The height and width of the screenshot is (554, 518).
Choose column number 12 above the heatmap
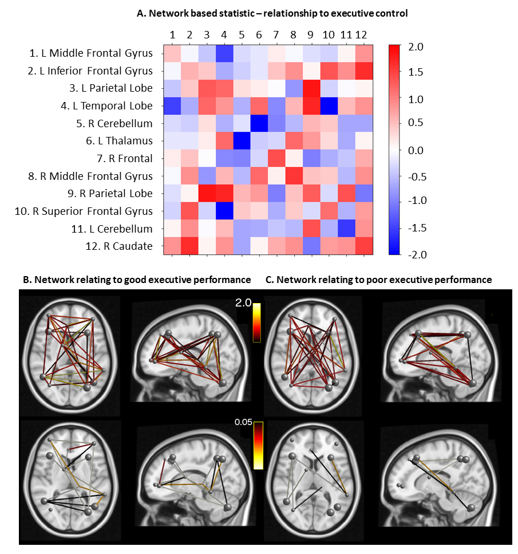[361, 36]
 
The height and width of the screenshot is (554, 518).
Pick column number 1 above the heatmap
[172, 36]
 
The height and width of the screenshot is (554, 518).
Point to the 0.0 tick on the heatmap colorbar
[413, 150]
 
